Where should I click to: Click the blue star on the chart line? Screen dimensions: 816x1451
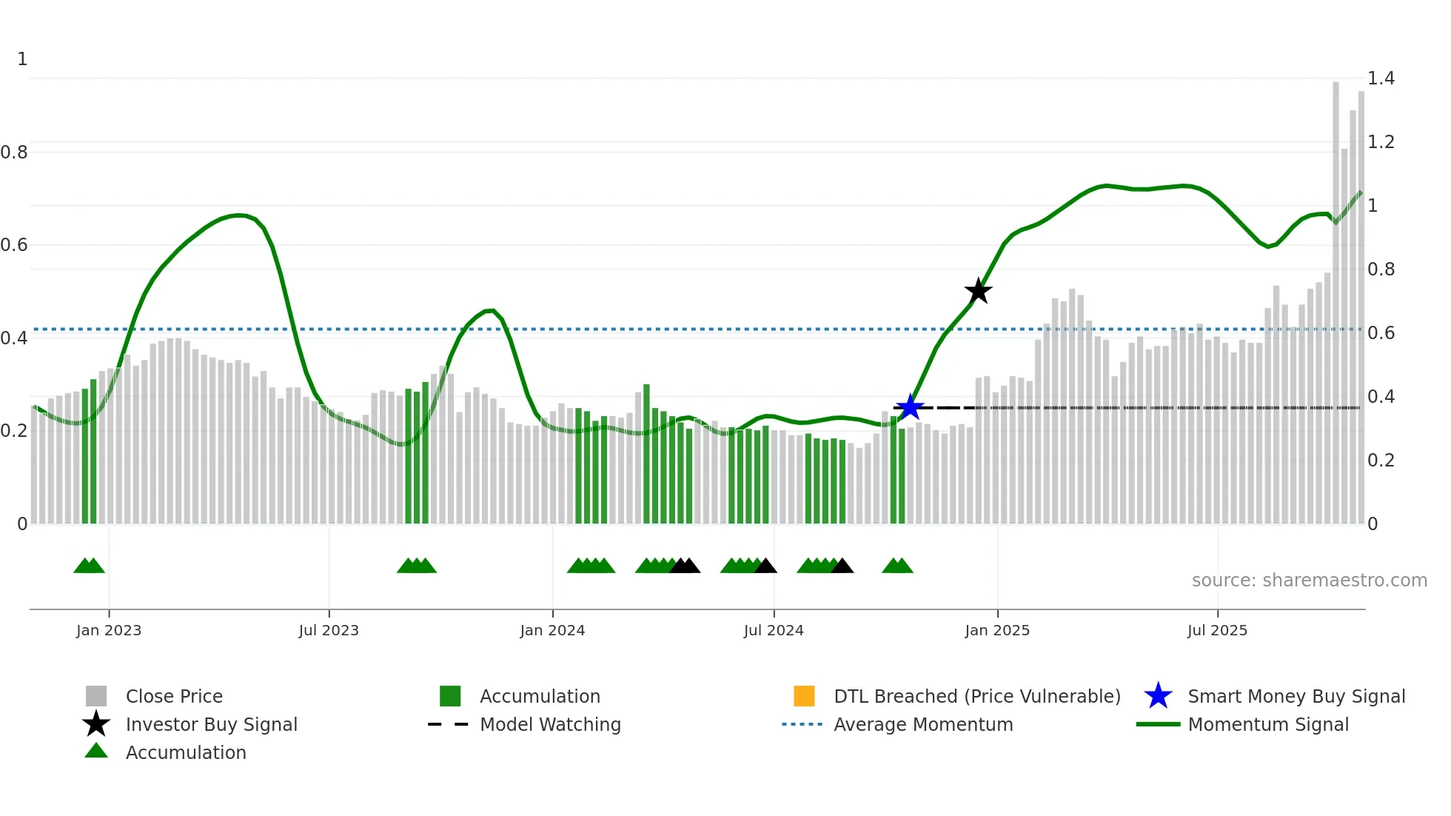pos(910,407)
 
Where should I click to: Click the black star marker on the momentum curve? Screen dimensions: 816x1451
pos(978,291)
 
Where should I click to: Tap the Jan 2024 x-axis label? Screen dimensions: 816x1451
pos(552,630)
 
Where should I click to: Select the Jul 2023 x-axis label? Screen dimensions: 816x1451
pos(329,630)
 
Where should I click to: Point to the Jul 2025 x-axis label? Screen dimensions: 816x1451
pos(1217,630)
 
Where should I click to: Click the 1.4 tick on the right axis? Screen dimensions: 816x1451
pos(1381,78)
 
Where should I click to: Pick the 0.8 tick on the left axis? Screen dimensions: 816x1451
pos(14,153)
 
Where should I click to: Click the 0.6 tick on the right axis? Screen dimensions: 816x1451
pos(1381,333)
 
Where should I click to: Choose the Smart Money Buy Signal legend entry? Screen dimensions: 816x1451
pos(1296,696)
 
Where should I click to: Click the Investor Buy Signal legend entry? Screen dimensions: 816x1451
pos(211,724)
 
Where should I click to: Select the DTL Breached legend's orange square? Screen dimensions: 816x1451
pos(804,696)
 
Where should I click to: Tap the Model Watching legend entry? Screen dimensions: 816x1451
pos(549,724)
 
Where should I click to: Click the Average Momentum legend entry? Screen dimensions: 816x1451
pos(922,724)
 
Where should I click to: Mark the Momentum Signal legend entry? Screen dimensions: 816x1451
pos(1267,724)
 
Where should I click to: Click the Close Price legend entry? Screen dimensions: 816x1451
pos(173,696)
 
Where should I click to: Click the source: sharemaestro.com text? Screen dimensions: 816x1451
pos(1309,581)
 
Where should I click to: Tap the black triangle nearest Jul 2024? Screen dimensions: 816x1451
pos(765,566)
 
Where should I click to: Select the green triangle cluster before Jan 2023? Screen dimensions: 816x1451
pos(89,566)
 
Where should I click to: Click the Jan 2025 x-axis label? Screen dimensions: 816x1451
pos(997,630)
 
